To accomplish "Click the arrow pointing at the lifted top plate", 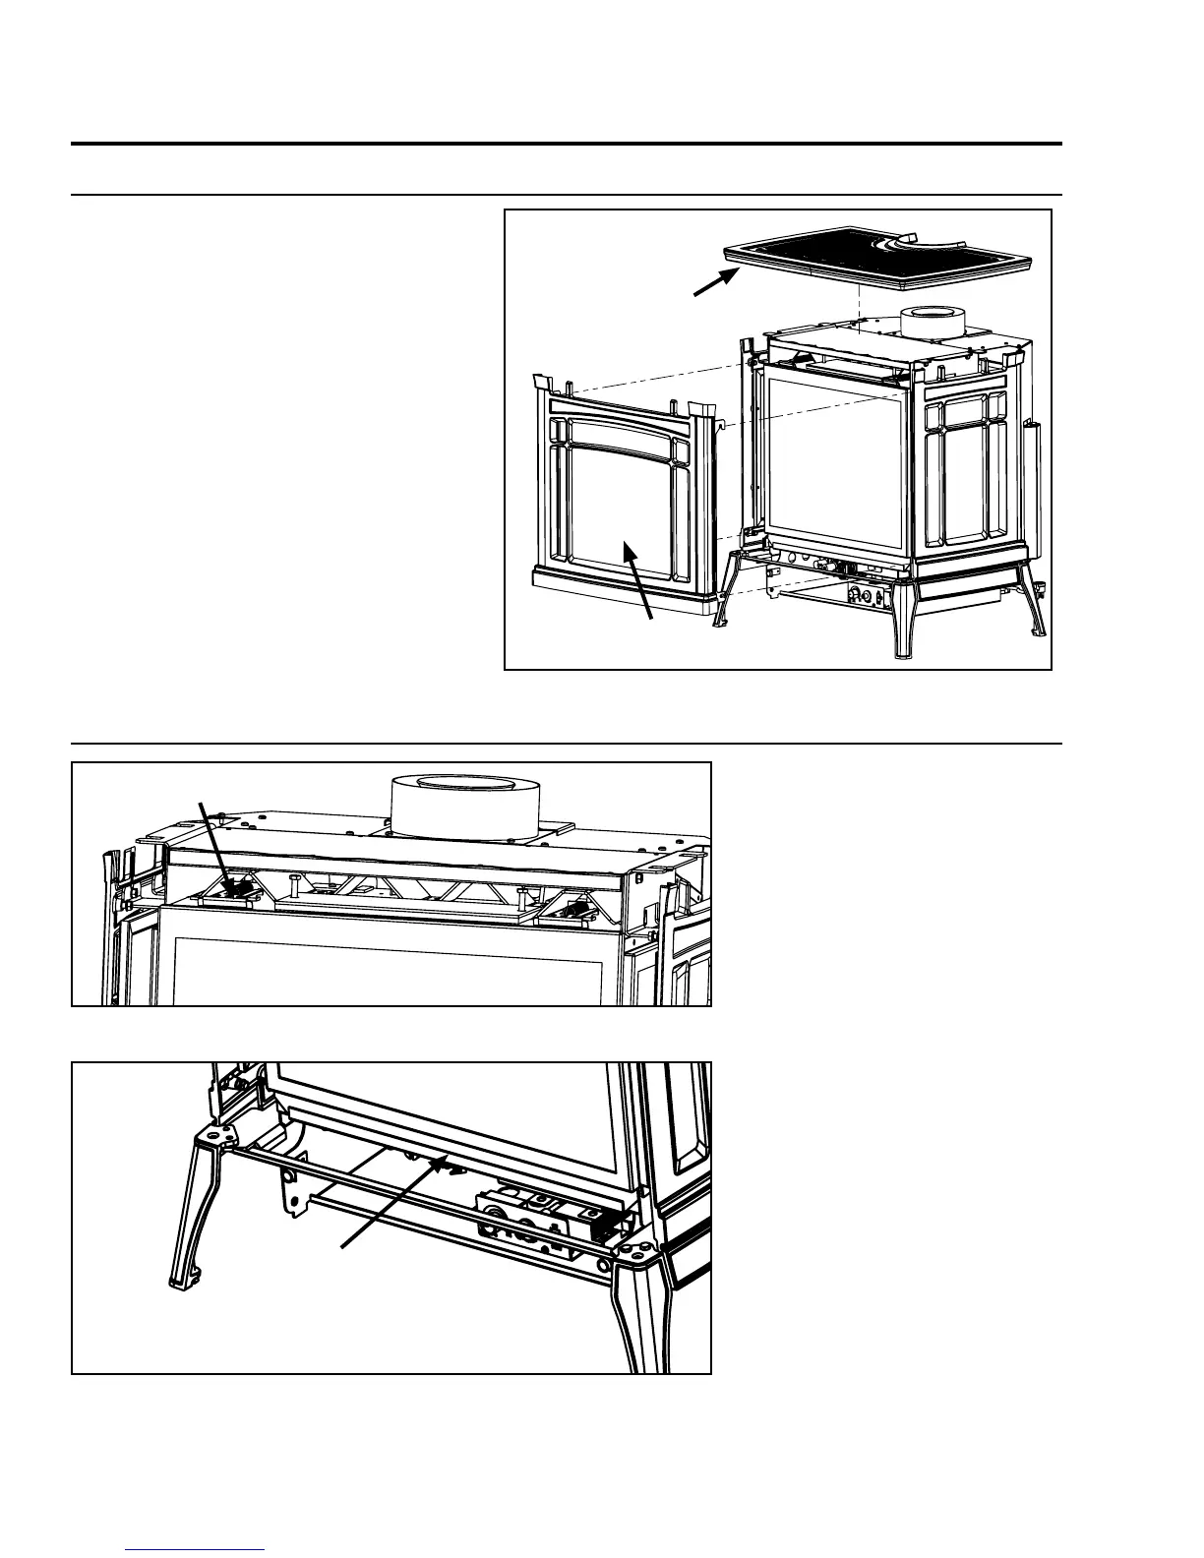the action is point(716,280).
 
